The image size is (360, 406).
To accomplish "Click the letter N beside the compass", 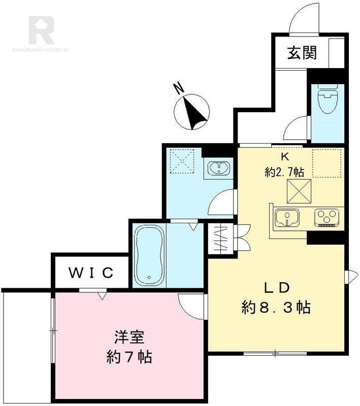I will coord(178,88).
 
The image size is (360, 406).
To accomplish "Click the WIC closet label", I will coord(91,273).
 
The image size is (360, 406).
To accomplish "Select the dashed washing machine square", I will coord(182,159).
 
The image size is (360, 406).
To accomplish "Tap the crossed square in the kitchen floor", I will coord(299,192).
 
